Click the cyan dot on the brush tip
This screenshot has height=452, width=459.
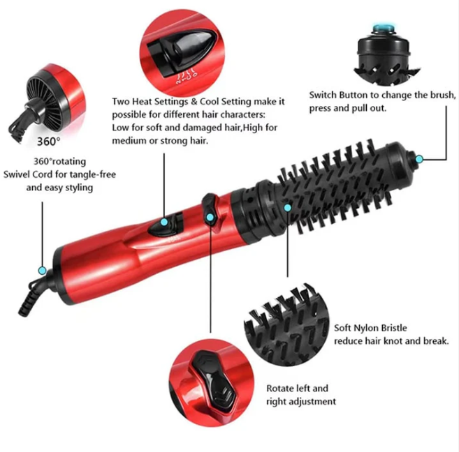[419, 159]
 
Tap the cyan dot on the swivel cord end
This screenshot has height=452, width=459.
[43, 271]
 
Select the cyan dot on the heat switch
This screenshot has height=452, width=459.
[164, 222]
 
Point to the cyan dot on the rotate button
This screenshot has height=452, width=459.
[210, 217]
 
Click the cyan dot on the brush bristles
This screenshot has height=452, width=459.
[288, 208]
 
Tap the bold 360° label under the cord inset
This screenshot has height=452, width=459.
[49, 142]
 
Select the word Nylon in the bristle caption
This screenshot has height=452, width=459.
[364, 328]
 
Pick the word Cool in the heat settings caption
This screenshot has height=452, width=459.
[209, 101]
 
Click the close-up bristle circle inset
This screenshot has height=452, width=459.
[286, 324]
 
